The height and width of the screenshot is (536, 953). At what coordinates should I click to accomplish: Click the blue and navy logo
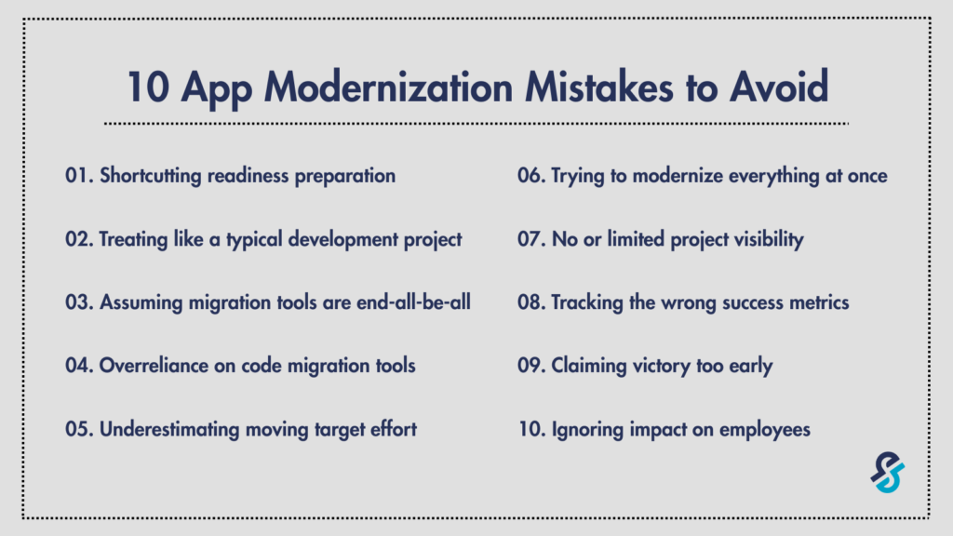click(888, 473)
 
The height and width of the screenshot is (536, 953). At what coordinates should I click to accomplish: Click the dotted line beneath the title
click(476, 123)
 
